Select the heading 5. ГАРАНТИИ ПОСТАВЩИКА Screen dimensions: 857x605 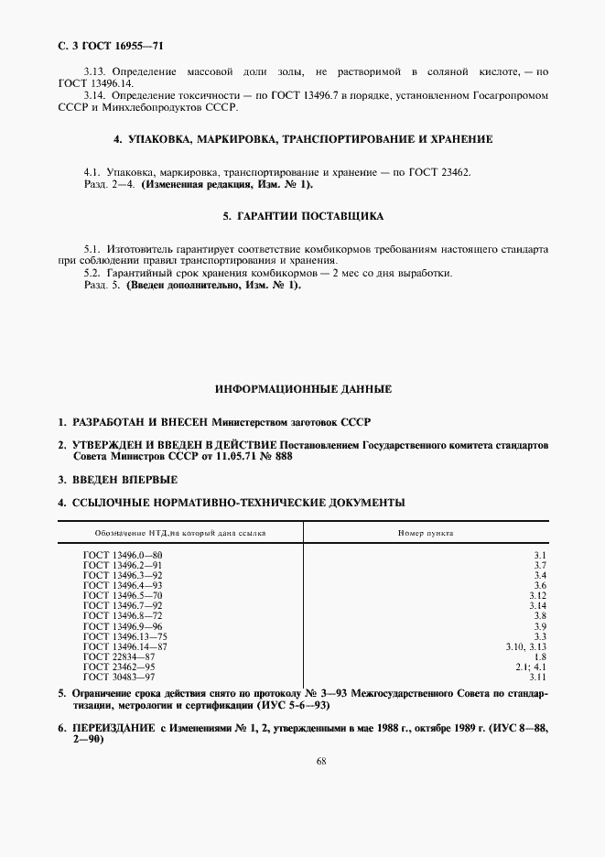[x=302, y=217]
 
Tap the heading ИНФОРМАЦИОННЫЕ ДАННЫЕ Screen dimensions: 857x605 [x=303, y=389]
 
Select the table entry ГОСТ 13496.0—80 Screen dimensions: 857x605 [x=123, y=555]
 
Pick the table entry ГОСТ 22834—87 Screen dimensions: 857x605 [x=119, y=656]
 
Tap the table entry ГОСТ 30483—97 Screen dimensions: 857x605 [x=119, y=677]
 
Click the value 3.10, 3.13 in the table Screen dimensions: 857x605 [x=525, y=646]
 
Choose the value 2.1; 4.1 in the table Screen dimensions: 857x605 [x=530, y=667]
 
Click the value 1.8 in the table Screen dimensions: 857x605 [x=539, y=656]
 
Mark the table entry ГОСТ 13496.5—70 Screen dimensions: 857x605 [x=123, y=595]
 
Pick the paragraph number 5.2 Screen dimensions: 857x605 [x=93, y=274]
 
